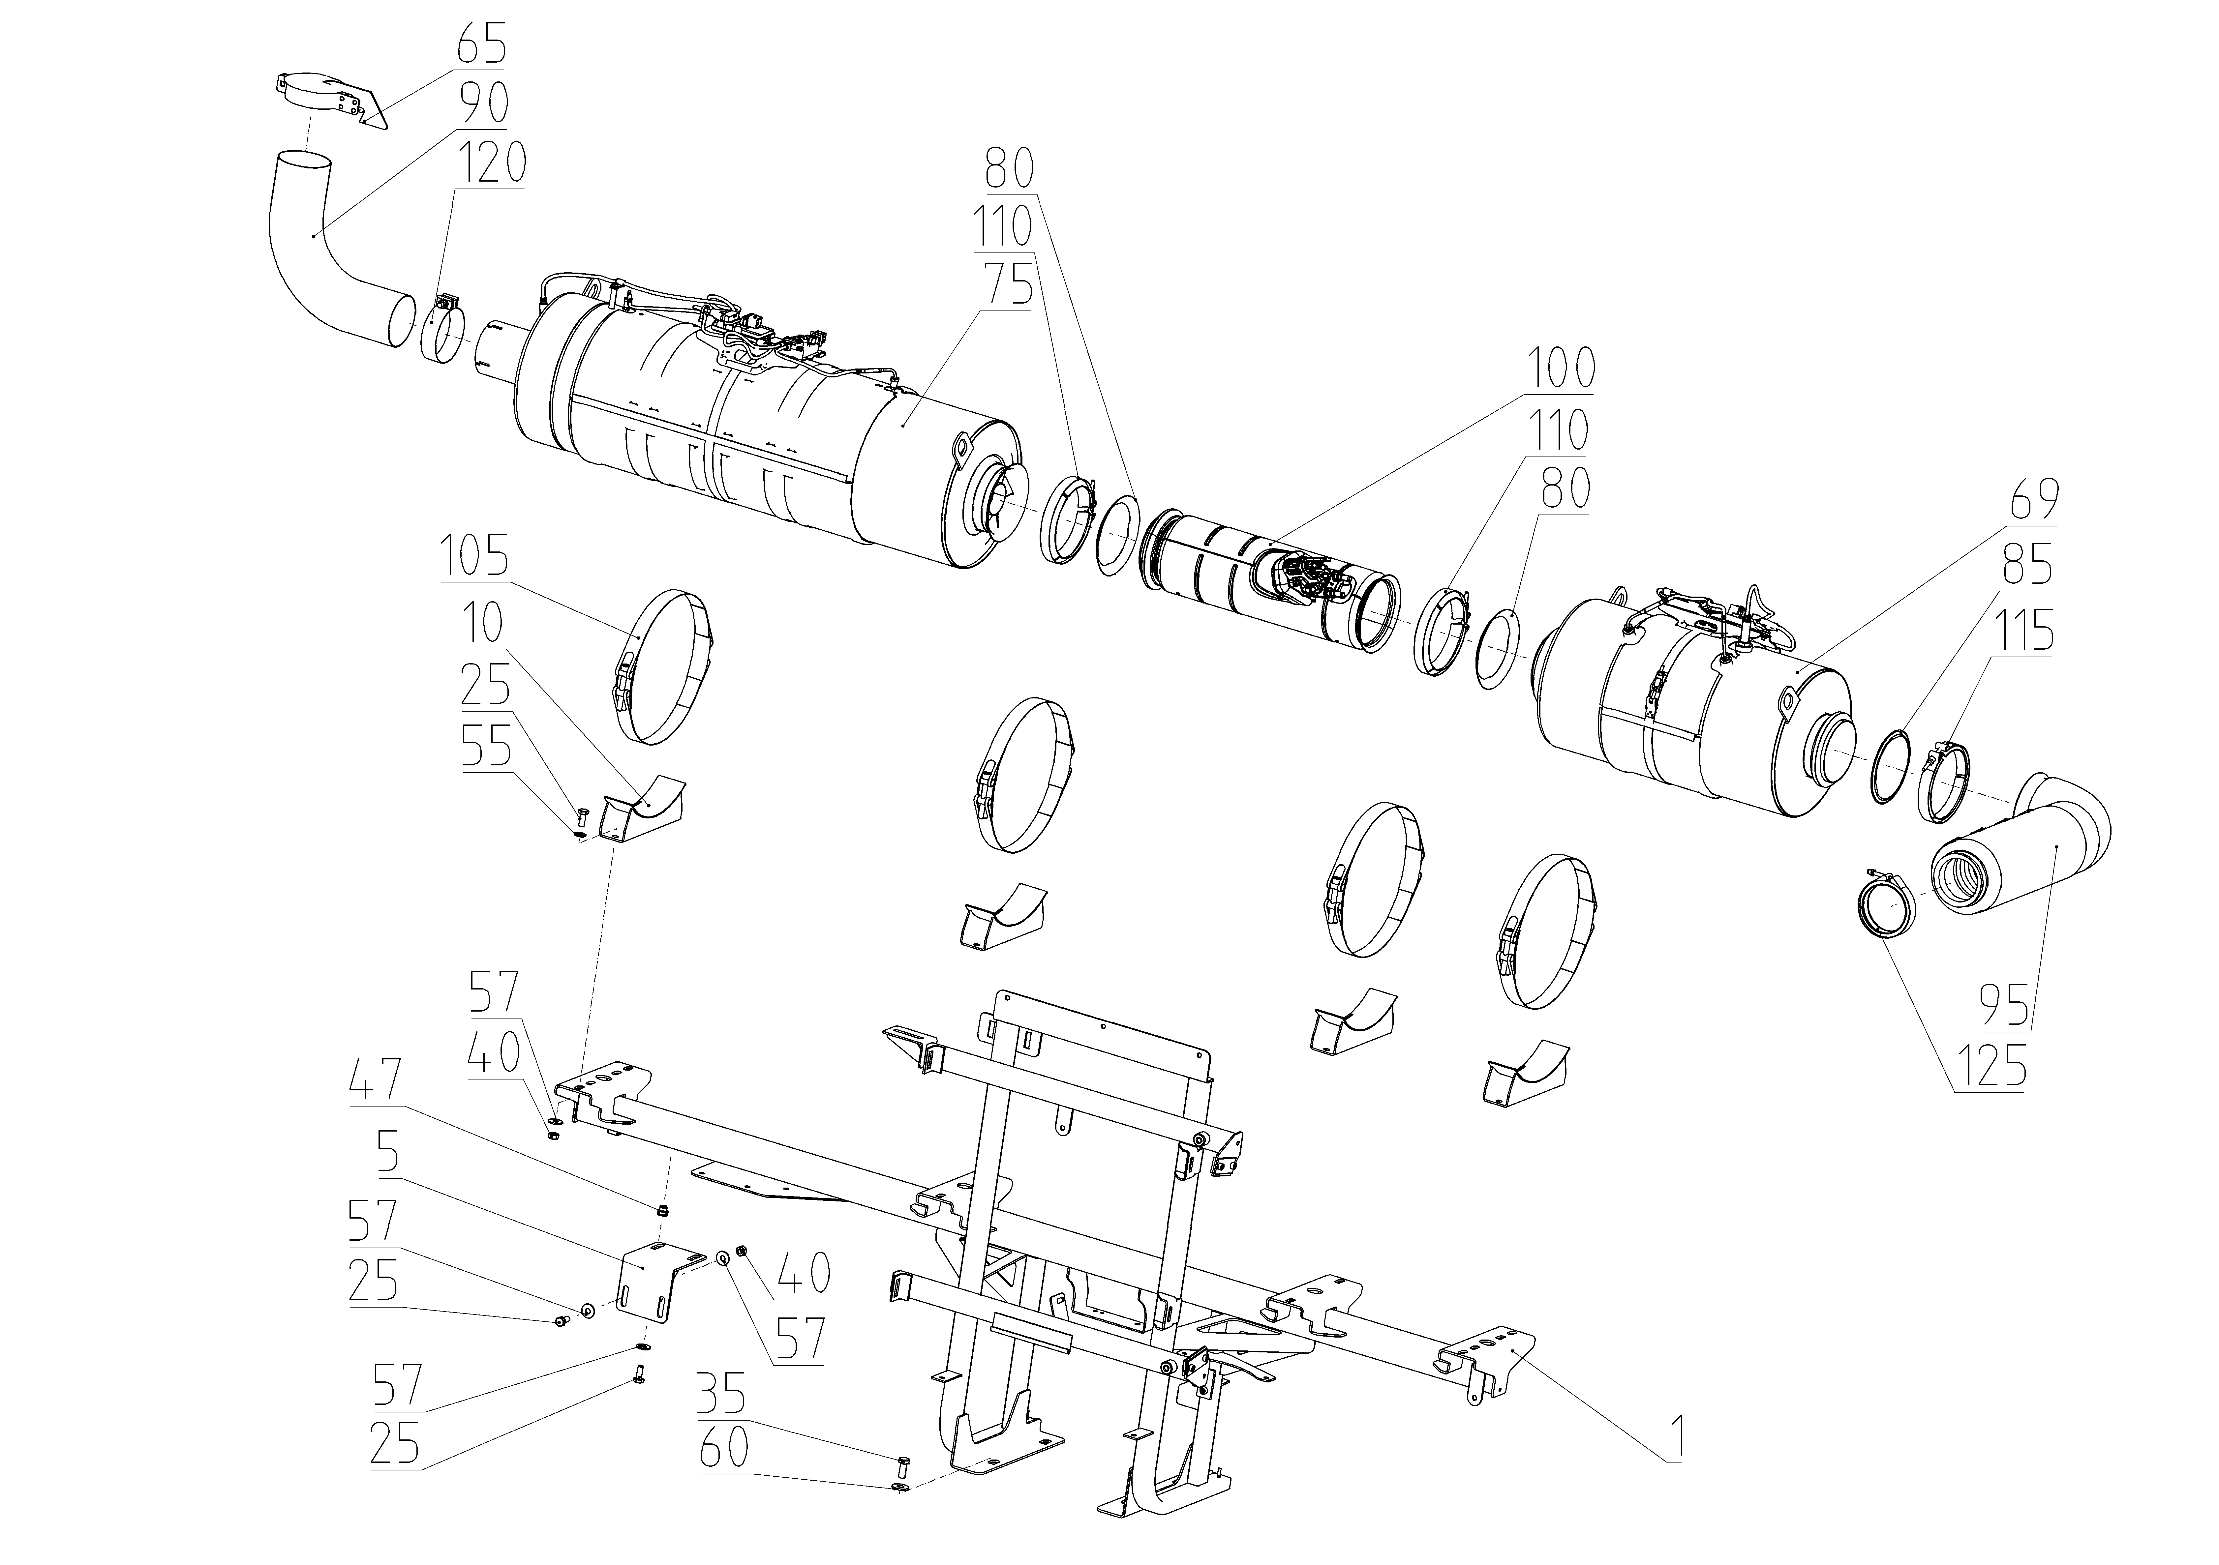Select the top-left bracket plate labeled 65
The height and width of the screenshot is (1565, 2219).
329,100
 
